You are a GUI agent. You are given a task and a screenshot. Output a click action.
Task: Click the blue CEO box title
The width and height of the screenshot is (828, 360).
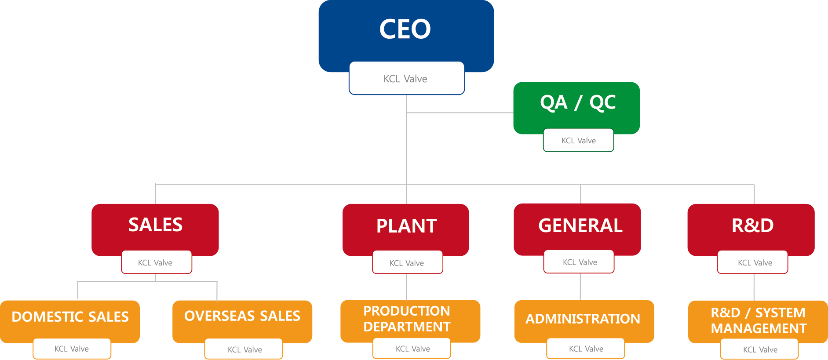pyautogui.click(x=405, y=29)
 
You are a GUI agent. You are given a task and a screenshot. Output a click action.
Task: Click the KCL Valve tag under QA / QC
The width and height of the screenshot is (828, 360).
pyautogui.click(x=578, y=141)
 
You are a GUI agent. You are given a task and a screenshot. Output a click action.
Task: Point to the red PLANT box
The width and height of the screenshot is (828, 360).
pyautogui.click(x=406, y=226)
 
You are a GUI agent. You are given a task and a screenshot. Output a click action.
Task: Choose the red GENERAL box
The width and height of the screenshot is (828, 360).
pyautogui.click(x=580, y=225)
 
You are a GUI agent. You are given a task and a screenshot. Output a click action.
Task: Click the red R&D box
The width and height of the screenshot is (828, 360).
pyautogui.click(x=752, y=225)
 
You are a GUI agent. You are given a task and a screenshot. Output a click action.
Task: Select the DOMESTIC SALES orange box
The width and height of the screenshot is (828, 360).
pyautogui.click(x=70, y=317)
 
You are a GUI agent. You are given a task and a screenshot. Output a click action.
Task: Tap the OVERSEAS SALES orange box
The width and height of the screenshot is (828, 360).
pyautogui.click(x=242, y=316)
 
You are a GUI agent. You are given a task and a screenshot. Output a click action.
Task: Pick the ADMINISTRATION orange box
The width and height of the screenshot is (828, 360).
pyautogui.click(x=583, y=319)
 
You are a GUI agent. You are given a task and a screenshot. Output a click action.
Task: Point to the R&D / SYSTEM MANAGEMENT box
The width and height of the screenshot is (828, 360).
pyautogui.click(x=759, y=320)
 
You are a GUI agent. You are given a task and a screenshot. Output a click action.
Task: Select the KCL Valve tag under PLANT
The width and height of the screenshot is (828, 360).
pyautogui.click(x=407, y=263)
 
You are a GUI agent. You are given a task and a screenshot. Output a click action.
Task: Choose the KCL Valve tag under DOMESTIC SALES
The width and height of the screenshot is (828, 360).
pyautogui.click(x=72, y=349)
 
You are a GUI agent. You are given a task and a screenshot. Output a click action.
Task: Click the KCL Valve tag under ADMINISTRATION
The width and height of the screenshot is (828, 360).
pyautogui.click(x=586, y=349)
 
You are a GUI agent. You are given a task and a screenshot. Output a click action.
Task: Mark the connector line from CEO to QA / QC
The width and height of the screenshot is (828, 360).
pyautogui.click(x=460, y=113)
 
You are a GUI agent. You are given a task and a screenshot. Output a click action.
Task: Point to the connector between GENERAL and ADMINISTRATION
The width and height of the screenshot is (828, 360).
pyautogui.click(x=580, y=287)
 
